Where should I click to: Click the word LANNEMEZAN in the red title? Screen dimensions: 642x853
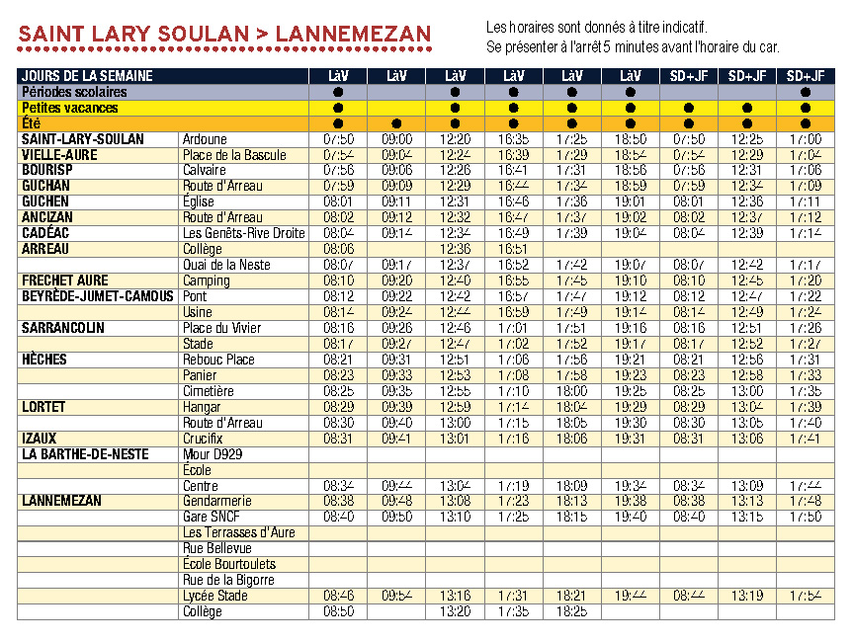click(x=354, y=35)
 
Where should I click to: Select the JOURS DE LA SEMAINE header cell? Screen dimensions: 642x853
click(x=87, y=76)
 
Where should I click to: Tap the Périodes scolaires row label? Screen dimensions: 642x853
click(x=69, y=92)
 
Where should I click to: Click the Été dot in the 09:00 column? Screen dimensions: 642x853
click(x=396, y=123)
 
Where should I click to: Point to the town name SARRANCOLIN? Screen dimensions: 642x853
click(x=63, y=328)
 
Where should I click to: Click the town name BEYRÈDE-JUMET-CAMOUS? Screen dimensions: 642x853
click(x=98, y=296)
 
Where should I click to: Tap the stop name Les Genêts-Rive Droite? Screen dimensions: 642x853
click(x=244, y=233)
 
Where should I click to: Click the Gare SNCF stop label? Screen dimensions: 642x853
click(x=212, y=517)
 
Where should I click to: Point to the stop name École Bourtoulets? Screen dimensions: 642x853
click(x=229, y=564)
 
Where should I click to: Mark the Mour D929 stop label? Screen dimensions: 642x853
click(x=213, y=454)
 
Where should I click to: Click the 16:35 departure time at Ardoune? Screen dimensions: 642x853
click(x=513, y=139)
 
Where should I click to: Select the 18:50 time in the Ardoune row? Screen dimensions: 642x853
click(x=631, y=139)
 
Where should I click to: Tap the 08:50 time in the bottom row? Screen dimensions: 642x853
click(x=338, y=611)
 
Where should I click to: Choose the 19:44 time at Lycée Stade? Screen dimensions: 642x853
click(x=631, y=596)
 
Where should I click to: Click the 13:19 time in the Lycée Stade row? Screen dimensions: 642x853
click(x=747, y=596)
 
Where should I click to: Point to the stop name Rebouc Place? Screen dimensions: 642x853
click(x=218, y=360)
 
